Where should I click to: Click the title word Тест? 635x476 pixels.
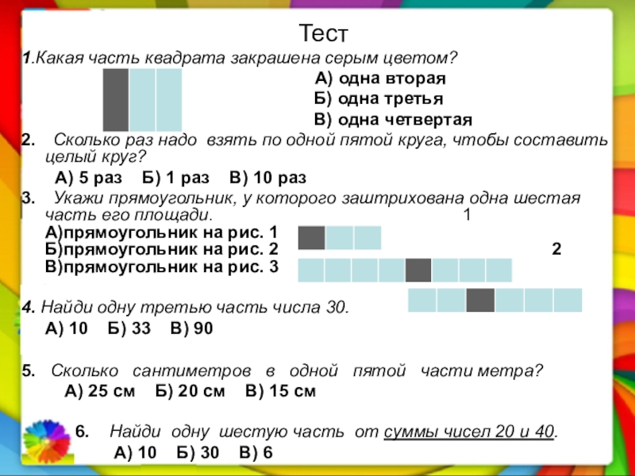324,33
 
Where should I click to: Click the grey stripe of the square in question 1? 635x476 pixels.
115,100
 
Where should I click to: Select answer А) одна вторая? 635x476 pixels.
380,79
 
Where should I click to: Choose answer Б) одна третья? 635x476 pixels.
378,99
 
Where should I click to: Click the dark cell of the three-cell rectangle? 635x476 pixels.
311,238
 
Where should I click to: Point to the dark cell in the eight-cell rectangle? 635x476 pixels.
418,271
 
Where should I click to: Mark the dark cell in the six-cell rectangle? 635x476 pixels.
480,300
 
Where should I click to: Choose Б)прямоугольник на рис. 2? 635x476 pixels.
162,250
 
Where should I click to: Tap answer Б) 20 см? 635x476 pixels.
190,391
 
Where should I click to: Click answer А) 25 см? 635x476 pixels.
99,391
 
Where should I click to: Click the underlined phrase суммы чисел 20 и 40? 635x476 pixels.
470,432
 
